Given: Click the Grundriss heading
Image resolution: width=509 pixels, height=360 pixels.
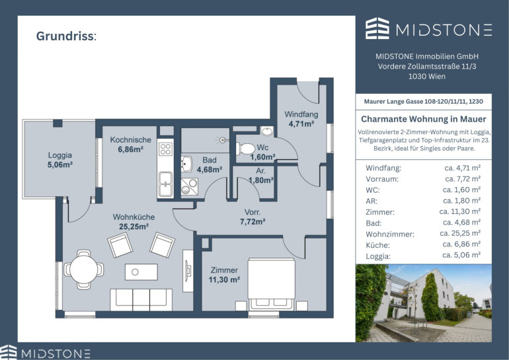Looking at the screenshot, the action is [66, 36].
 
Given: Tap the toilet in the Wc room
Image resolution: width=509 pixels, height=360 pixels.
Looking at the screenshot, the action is [245, 149].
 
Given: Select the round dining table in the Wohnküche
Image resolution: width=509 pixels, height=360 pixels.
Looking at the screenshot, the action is [84, 270].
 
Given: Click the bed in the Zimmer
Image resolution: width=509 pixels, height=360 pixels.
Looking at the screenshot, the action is [272, 283].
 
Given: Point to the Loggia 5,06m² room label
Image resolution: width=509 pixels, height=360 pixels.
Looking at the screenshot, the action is [59, 160].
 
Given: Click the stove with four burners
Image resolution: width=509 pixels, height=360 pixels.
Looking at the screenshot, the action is [165, 149].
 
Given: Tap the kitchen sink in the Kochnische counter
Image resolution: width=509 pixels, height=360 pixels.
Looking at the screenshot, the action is [165, 184].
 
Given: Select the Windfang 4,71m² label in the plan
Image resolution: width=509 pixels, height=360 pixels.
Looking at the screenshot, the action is [301, 119].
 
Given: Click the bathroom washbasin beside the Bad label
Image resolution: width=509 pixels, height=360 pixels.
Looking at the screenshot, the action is [186, 164].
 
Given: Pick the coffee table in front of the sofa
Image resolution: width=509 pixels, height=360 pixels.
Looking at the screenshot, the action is [141, 271].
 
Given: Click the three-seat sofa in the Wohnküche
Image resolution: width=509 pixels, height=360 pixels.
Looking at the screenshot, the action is [141, 300].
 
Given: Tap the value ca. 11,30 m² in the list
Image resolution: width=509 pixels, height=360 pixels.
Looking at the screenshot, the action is [459, 211].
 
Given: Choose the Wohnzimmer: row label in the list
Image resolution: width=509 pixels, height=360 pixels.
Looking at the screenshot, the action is [390, 234].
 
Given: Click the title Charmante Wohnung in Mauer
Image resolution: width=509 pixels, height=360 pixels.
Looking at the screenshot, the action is [424, 119].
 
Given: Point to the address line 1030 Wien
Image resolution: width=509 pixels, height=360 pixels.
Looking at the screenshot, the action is [427, 77].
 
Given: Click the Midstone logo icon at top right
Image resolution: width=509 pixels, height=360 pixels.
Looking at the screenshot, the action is [377, 28].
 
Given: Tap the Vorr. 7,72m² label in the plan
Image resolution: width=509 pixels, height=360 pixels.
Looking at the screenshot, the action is [253, 217].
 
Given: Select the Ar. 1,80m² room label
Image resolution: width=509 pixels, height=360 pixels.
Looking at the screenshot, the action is [261, 176].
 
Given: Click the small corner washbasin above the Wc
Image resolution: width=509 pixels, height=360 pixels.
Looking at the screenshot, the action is [267, 131].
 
